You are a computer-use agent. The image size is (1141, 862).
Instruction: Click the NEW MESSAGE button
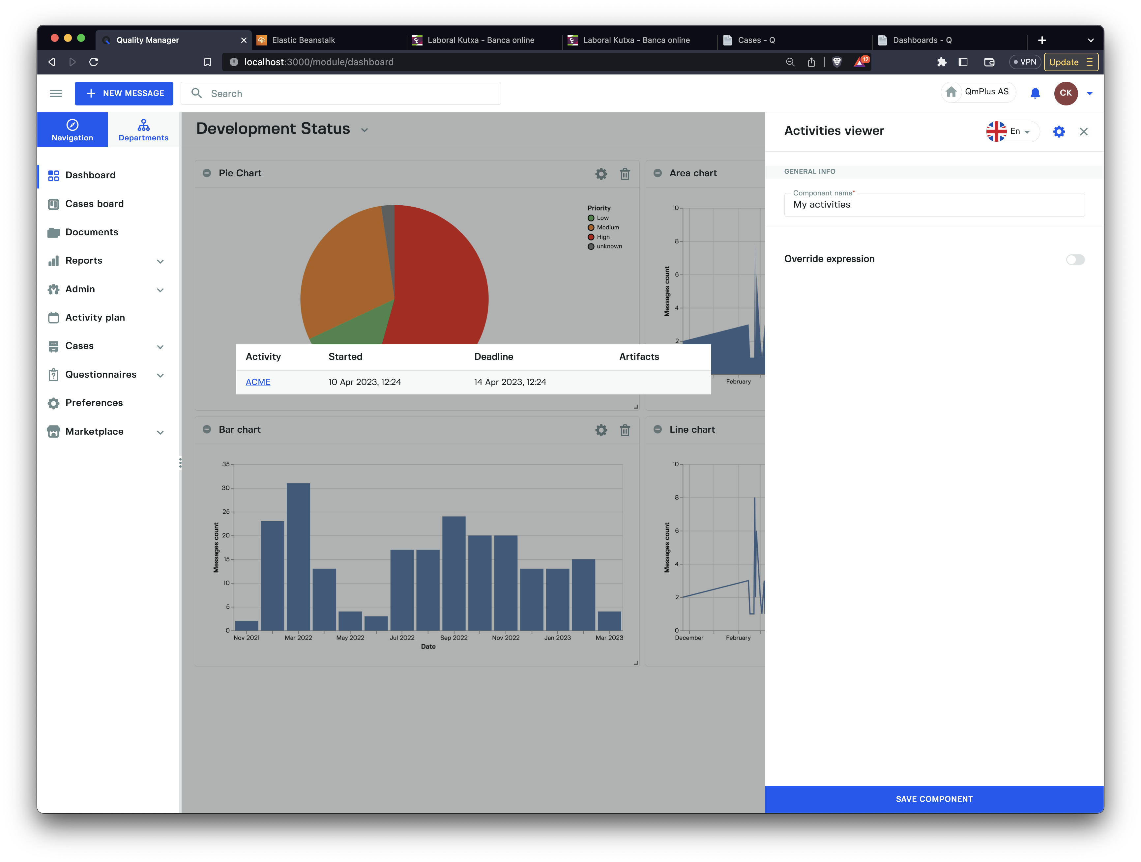pyautogui.click(x=124, y=93)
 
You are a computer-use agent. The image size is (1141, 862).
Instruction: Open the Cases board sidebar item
pyautogui.click(x=94, y=204)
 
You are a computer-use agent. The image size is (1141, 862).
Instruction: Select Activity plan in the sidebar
pyautogui.click(x=95, y=317)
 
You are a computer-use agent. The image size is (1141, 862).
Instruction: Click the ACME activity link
pyautogui.click(x=258, y=382)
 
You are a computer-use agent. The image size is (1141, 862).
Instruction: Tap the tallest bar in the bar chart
pyautogui.click(x=298, y=556)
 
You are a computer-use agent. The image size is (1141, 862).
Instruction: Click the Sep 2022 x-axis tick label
pyautogui.click(x=454, y=638)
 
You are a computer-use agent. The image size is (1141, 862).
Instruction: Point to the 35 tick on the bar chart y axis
pyautogui.click(x=226, y=464)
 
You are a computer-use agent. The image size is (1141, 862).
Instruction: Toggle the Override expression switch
pyautogui.click(x=1075, y=259)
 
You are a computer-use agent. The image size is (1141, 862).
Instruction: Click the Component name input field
pyautogui.click(x=934, y=205)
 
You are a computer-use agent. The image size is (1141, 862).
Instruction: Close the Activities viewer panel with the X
pyautogui.click(x=1084, y=131)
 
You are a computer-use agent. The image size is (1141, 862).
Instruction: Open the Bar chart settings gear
pyautogui.click(x=601, y=430)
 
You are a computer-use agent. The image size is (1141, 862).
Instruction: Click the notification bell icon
pyautogui.click(x=1035, y=93)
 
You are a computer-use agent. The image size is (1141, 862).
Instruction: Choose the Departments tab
pyautogui.click(x=143, y=130)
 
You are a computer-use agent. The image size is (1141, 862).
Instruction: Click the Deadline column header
pyautogui.click(x=494, y=357)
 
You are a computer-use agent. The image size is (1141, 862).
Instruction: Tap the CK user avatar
pyautogui.click(x=1066, y=93)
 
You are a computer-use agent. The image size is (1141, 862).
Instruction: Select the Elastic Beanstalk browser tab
pyautogui.click(x=303, y=40)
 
